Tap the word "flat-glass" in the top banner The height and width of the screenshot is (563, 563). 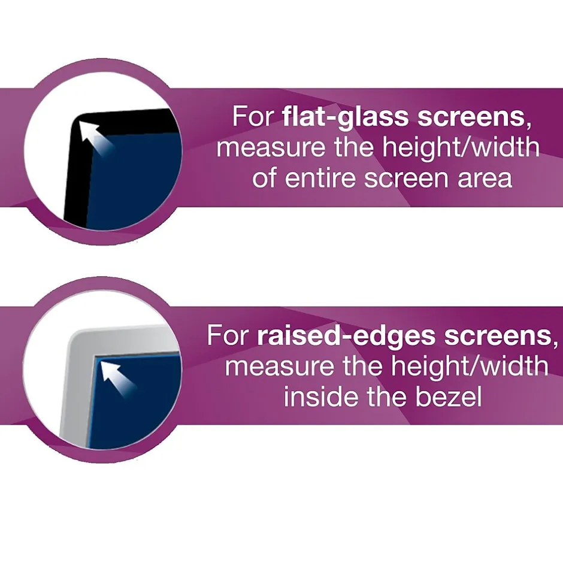345,117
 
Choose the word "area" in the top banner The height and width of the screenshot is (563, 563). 485,179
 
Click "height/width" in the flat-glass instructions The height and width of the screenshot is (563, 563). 461,147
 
